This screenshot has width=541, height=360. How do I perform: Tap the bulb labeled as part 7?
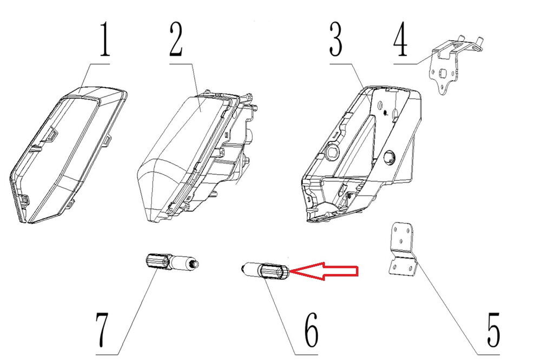[171, 263]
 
